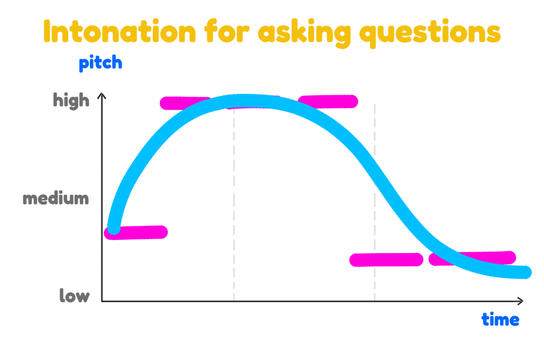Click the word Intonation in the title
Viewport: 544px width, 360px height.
[120, 31]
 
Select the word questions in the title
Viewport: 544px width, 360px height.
[430, 33]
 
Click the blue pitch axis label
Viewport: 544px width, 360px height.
[100, 63]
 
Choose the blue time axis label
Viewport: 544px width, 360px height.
[500, 319]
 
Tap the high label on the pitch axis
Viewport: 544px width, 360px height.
[71, 100]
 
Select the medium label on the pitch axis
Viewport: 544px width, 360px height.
[56, 199]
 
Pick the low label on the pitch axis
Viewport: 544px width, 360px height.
[74, 296]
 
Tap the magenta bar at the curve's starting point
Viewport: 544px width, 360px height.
[136, 233]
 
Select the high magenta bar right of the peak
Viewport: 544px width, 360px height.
[328, 101]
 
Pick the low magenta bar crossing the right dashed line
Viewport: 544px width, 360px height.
[386, 260]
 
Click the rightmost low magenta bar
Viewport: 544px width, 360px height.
[472, 259]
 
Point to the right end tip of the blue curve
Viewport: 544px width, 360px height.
[525, 272]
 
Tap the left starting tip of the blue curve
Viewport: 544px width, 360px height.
[114, 228]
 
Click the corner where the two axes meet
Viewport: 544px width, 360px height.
[101, 301]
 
